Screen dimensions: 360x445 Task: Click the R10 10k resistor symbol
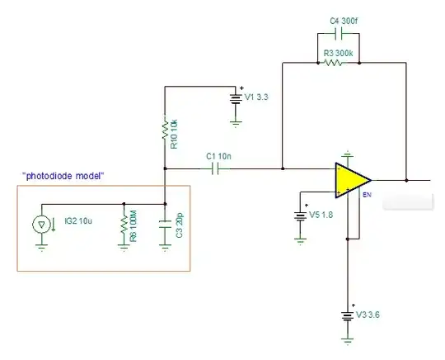tap(165, 129)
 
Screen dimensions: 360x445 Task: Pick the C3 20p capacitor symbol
tap(165, 223)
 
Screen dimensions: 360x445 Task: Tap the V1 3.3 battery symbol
tap(236, 97)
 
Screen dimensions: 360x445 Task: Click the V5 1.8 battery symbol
tap(298, 216)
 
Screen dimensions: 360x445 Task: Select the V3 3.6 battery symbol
tap(349, 315)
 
